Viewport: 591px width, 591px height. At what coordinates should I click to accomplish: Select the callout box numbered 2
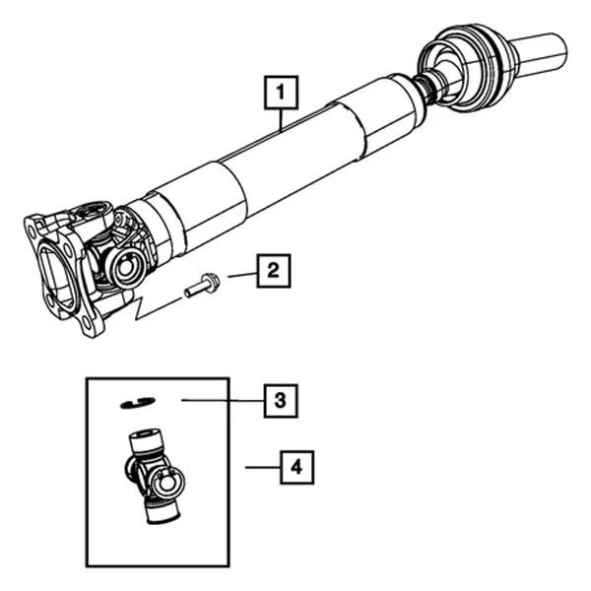(275, 269)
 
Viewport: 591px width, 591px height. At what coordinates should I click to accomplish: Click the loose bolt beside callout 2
(202, 287)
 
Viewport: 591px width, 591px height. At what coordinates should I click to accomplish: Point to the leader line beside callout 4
(260, 467)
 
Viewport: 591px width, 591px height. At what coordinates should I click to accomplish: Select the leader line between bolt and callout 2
(241, 276)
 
